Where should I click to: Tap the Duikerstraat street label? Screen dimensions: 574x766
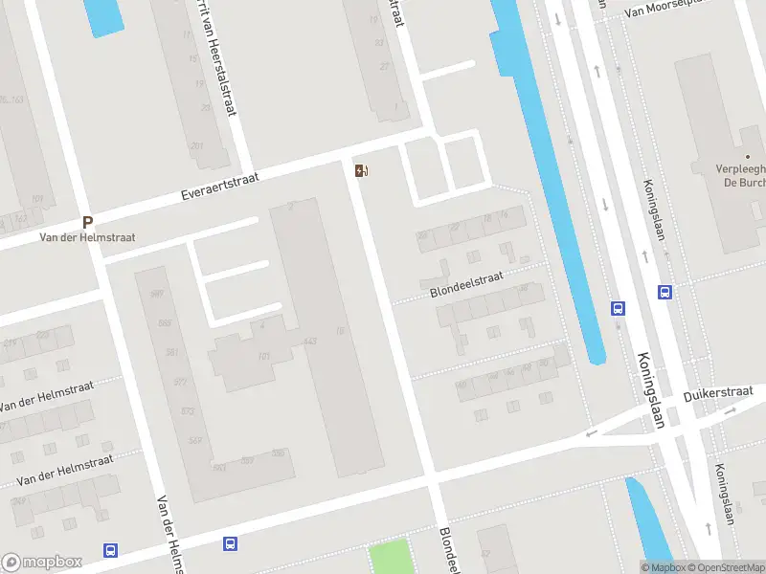pos(718,394)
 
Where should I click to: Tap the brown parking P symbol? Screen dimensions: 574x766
pos(87,222)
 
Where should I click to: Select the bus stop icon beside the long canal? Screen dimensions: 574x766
pos(619,308)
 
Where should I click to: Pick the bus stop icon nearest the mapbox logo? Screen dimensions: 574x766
pos(111,550)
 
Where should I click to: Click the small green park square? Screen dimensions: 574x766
pos(390,557)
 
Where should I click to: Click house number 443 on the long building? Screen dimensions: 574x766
pos(309,342)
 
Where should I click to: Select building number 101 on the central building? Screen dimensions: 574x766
pos(263,358)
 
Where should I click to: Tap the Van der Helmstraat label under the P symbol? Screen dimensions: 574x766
pos(87,237)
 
